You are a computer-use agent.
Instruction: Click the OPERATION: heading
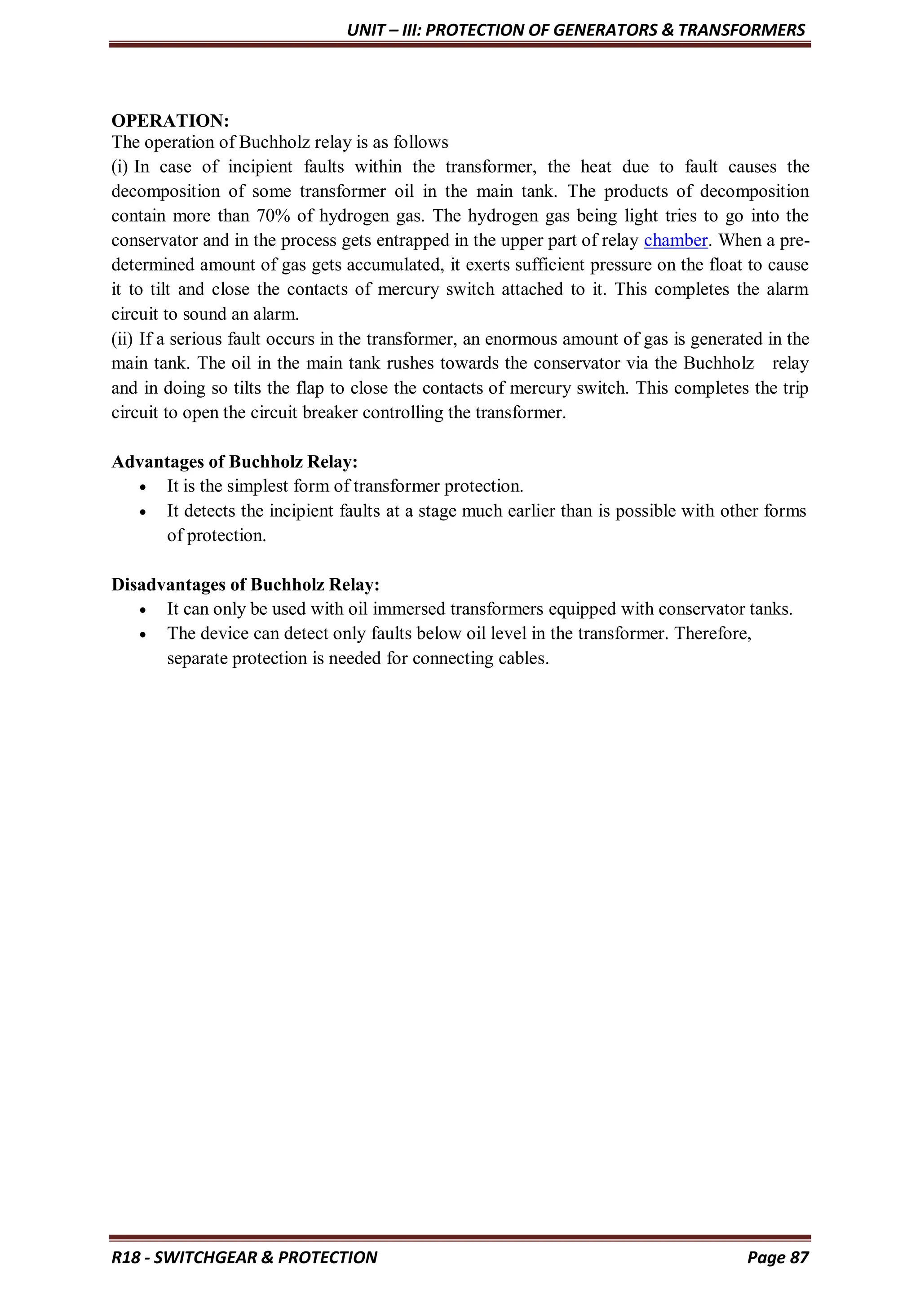click(x=170, y=121)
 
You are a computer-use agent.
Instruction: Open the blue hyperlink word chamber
click(x=675, y=241)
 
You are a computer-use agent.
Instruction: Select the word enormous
click(x=522, y=339)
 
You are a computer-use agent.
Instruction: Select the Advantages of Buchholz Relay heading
click(x=234, y=462)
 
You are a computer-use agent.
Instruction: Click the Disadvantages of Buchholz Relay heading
click(x=245, y=585)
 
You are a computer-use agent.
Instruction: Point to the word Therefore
click(x=712, y=633)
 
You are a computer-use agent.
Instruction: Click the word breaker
click(x=331, y=413)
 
